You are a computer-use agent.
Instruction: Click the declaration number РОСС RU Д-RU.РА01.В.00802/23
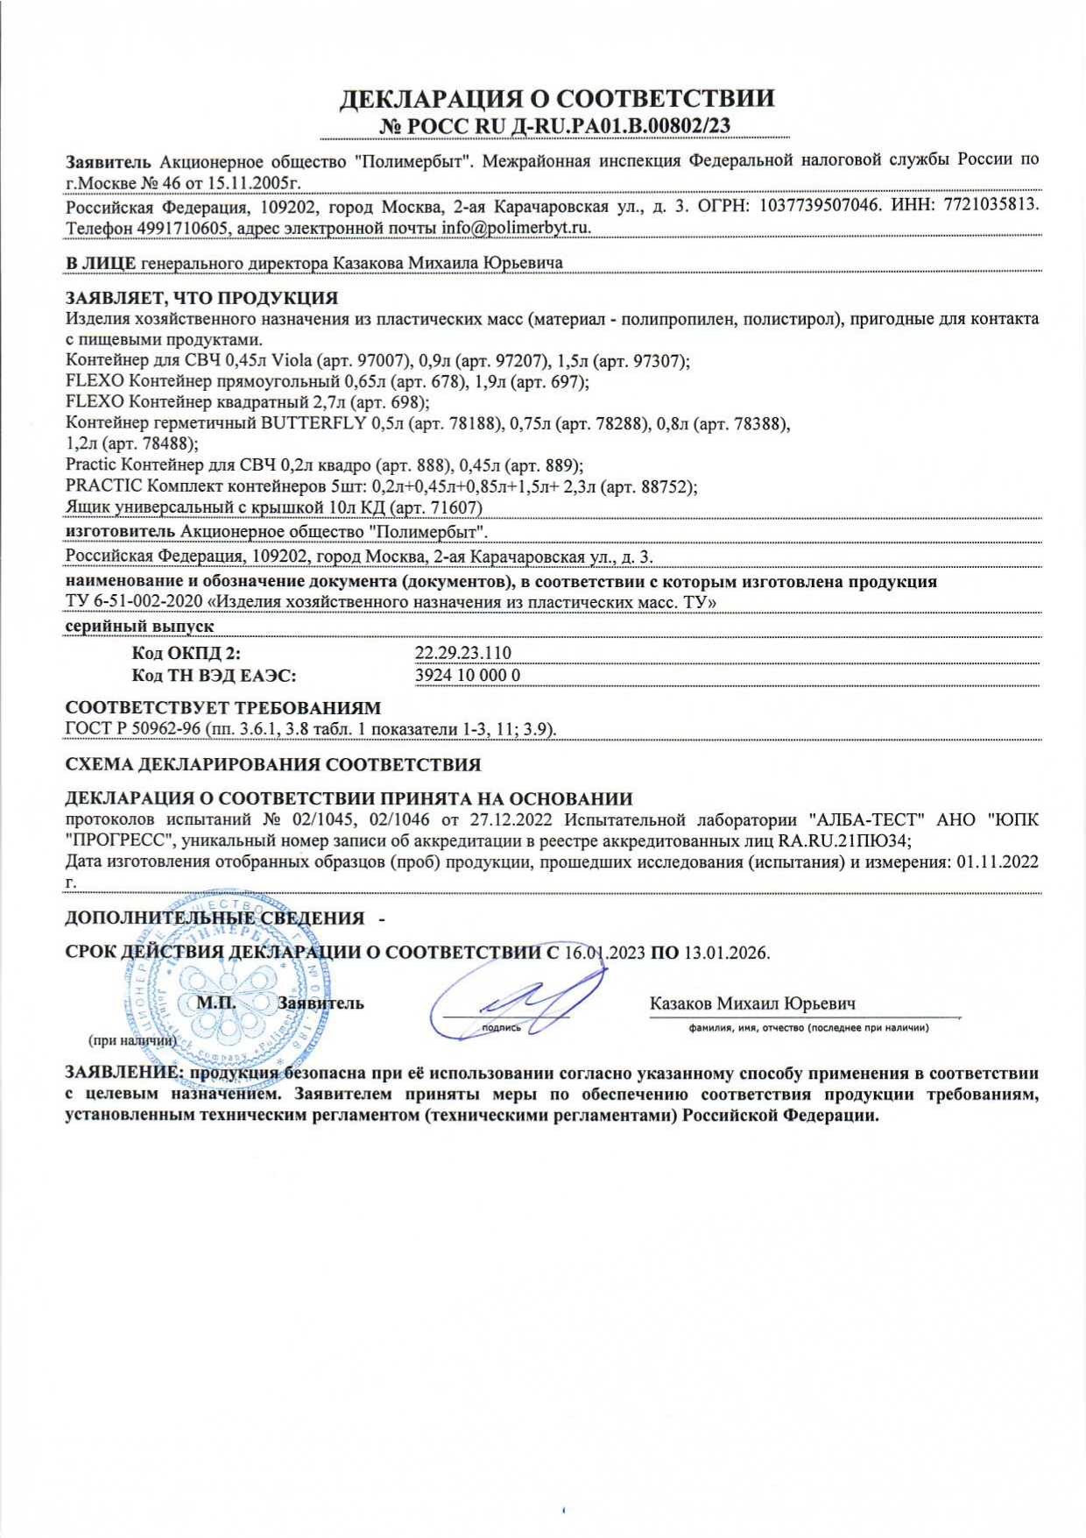click(x=555, y=126)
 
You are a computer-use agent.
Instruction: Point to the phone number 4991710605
click(x=184, y=228)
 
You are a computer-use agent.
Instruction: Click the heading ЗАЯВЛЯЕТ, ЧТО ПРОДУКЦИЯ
click(x=201, y=298)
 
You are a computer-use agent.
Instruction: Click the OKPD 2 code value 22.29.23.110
click(x=462, y=653)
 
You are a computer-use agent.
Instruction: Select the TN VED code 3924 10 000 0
click(x=467, y=676)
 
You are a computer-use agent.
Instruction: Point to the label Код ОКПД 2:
click(x=186, y=653)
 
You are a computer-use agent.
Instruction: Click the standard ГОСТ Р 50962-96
click(x=133, y=730)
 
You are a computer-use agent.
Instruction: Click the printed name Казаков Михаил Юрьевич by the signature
click(x=752, y=1004)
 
